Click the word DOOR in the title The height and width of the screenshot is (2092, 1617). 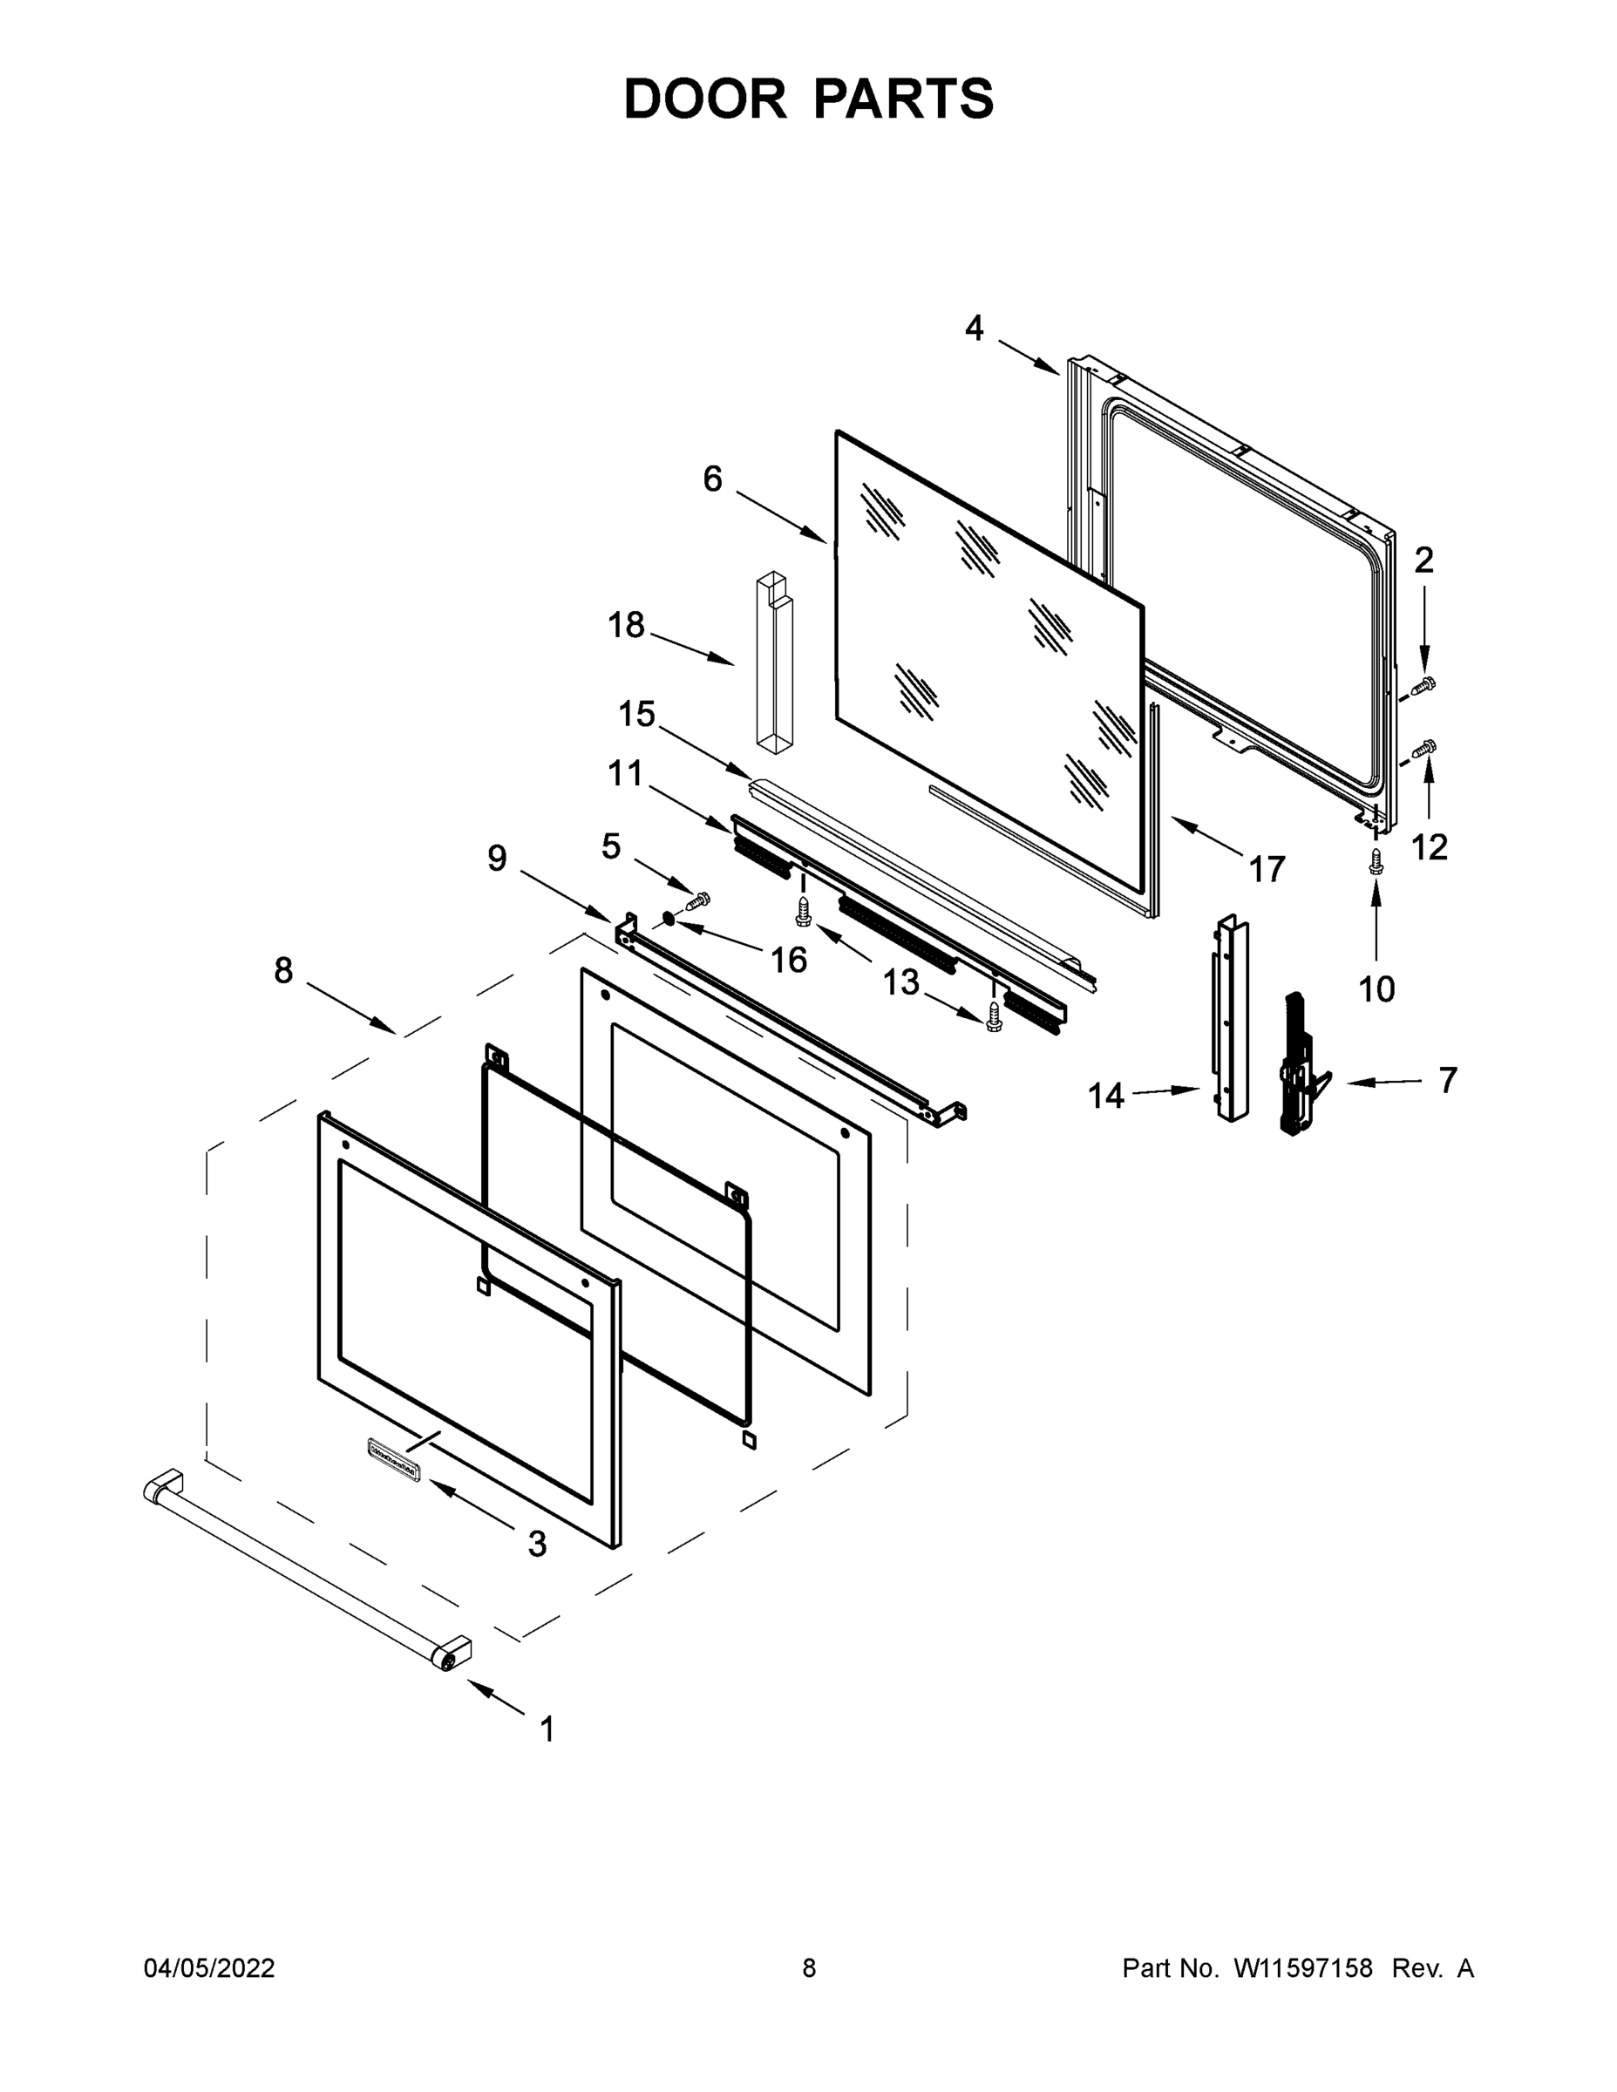[x=704, y=98]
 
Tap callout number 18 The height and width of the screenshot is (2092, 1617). [x=627, y=626]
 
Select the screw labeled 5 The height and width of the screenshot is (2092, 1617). [x=698, y=900]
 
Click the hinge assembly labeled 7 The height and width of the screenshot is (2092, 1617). [x=1301, y=1064]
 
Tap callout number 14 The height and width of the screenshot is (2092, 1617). [x=1105, y=1096]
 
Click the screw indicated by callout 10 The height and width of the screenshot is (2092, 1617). [x=1376, y=861]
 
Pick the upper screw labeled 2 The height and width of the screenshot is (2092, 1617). [x=1424, y=684]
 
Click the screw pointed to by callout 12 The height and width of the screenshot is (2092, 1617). [x=1424, y=748]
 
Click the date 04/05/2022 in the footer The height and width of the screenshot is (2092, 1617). [x=209, y=1968]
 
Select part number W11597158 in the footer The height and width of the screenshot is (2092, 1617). [x=1303, y=1968]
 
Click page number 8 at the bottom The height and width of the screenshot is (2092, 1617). [x=809, y=1968]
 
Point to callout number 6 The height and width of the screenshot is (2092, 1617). [x=712, y=479]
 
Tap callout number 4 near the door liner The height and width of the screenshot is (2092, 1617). [x=974, y=329]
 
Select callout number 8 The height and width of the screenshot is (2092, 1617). [x=283, y=970]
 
